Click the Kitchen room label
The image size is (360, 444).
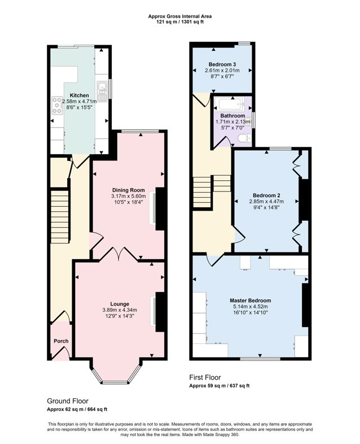pos(79,95)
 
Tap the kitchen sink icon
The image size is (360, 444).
pos(101,91)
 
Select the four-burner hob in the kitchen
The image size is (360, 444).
pos(57,106)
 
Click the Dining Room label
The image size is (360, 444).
pos(129,190)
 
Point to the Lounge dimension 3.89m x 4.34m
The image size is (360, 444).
pos(120,310)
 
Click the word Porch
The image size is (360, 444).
pos(61,341)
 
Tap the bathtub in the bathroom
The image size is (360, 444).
pos(231,104)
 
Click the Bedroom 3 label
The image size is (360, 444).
pos(222,64)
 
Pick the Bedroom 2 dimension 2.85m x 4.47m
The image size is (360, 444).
pos(266,201)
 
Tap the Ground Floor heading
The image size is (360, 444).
pos(68,401)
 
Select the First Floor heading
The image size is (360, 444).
pos(205,377)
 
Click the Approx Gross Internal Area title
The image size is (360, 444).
pos(180,16)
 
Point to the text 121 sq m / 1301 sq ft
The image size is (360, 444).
pos(180,21)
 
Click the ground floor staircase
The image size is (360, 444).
pos(60,217)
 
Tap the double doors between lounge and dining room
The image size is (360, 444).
pos(119,253)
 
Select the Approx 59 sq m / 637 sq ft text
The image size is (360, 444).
pos(219,386)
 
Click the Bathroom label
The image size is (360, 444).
pos(232,116)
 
